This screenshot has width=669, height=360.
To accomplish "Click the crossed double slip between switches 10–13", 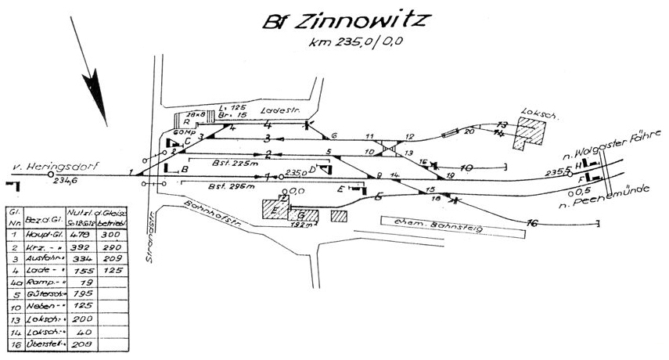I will click(390, 146).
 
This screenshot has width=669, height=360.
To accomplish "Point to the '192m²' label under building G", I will click(300, 224).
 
